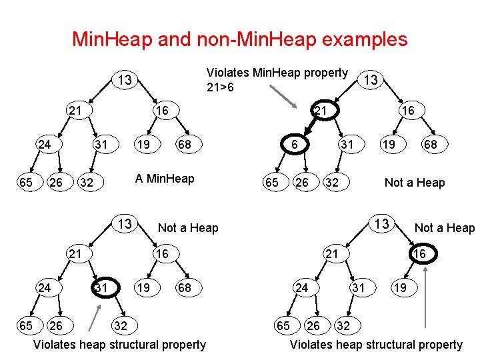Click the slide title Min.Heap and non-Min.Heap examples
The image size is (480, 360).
click(x=239, y=39)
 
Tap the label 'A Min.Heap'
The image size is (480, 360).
click(x=165, y=179)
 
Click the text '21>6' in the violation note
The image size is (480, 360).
click(x=220, y=87)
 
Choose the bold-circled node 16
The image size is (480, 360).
click(x=419, y=254)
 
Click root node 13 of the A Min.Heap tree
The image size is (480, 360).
click(x=124, y=81)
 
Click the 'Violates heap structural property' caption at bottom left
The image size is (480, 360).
click(x=119, y=345)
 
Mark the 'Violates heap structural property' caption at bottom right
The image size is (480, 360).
click(x=375, y=345)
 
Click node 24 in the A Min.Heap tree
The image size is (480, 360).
click(x=45, y=145)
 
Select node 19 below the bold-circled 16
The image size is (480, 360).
click(x=399, y=288)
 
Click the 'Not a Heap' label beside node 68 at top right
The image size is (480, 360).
click(x=415, y=183)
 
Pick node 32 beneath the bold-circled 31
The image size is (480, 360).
click(x=121, y=326)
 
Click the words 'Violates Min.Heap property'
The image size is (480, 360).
click(x=277, y=73)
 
